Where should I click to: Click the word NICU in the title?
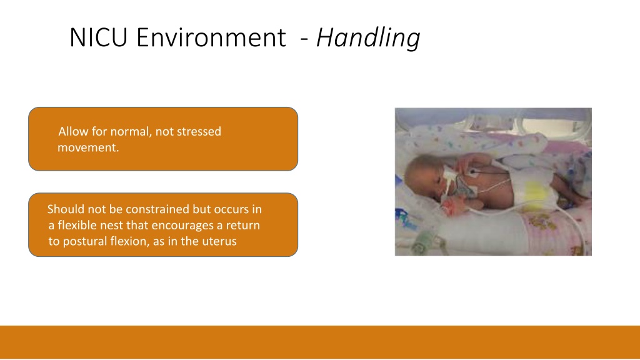(x=98, y=37)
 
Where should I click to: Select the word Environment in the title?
(x=211, y=37)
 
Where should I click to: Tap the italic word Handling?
(x=368, y=38)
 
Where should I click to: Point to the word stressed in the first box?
(x=199, y=131)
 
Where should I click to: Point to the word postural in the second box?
(x=84, y=241)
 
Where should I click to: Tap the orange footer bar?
(x=320, y=342)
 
